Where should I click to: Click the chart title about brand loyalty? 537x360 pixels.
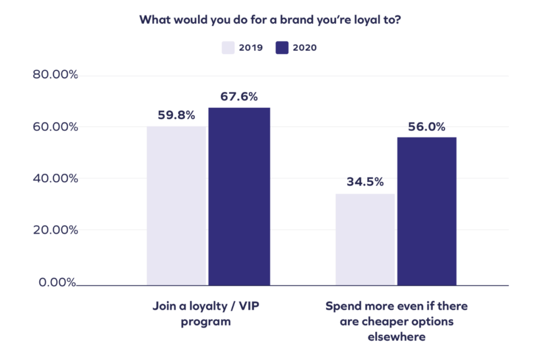(268, 20)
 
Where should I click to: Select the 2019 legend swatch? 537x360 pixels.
(227, 48)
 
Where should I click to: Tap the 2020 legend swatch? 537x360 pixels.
(282, 48)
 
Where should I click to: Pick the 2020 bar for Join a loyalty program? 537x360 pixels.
(239, 197)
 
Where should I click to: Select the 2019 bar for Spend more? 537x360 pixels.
(364, 239)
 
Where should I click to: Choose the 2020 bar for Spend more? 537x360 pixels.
(426, 211)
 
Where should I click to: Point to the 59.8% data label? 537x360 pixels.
(176, 115)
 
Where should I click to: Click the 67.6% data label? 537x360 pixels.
(239, 96)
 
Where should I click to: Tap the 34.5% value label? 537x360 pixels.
(364, 182)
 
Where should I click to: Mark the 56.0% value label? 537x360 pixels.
(426, 126)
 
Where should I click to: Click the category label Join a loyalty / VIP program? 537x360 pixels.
(206, 313)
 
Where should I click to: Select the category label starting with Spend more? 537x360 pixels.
(396, 321)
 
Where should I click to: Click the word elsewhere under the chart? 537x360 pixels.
(396, 337)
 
